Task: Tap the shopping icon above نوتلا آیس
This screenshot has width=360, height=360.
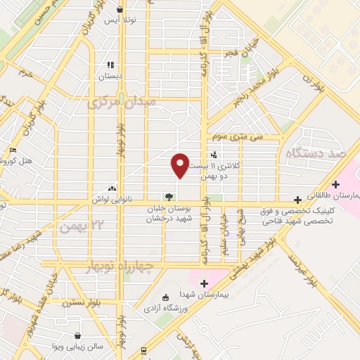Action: click(x=124, y=10)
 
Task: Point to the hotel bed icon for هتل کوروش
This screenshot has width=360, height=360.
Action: click(x=14, y=150)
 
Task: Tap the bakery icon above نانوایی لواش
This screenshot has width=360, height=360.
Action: click(x=112, y=188)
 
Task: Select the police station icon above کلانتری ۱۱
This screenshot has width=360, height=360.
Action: click(x=214, y=155)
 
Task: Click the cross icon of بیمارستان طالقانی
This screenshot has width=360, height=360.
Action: click(x=336, y=184)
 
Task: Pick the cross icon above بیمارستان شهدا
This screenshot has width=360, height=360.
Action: click(x=205, y=283)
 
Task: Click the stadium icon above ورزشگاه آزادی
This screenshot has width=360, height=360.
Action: click(x=165, y=297)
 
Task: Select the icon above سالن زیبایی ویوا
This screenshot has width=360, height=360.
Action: click(x=77, y=336)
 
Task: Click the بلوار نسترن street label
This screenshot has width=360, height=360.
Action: click(x=77, y=304)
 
